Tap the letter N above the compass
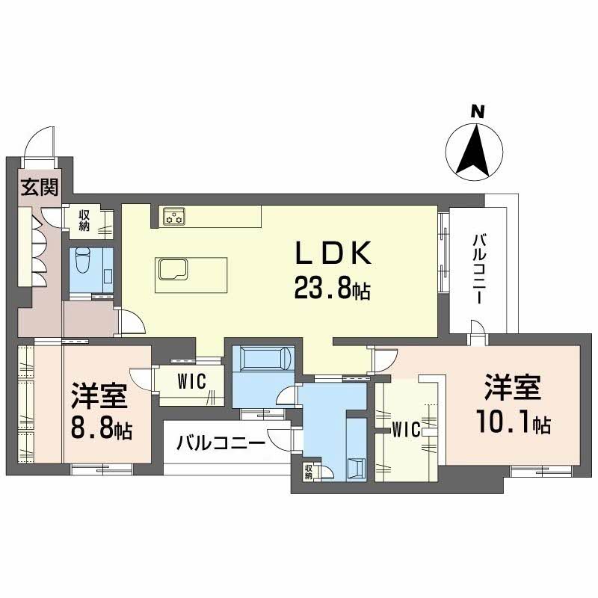coord(478,112)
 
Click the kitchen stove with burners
coord(175,217)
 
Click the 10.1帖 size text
coord(513,424)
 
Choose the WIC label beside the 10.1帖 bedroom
coord(405,429)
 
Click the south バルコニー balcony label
coord(221,443)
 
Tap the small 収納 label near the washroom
coord(308,472)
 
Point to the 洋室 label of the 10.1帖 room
coord(512,390)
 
